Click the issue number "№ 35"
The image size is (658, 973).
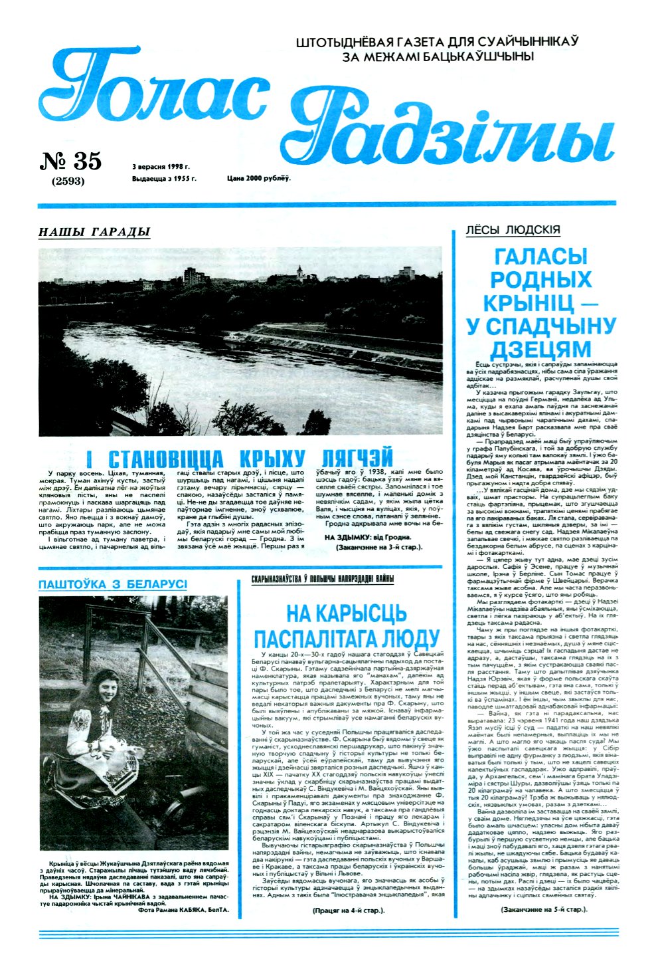click(x=72, y=161)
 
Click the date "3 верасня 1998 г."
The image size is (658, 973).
click(x=161, y=167)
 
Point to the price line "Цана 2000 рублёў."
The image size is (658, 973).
click(x=258, y=179)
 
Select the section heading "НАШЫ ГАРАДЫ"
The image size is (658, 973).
click(x=94, y=232)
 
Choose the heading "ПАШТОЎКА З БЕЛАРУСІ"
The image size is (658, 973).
click(x=113, y=584)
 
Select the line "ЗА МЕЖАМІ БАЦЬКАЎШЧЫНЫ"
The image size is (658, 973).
click(x=438, y=56)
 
